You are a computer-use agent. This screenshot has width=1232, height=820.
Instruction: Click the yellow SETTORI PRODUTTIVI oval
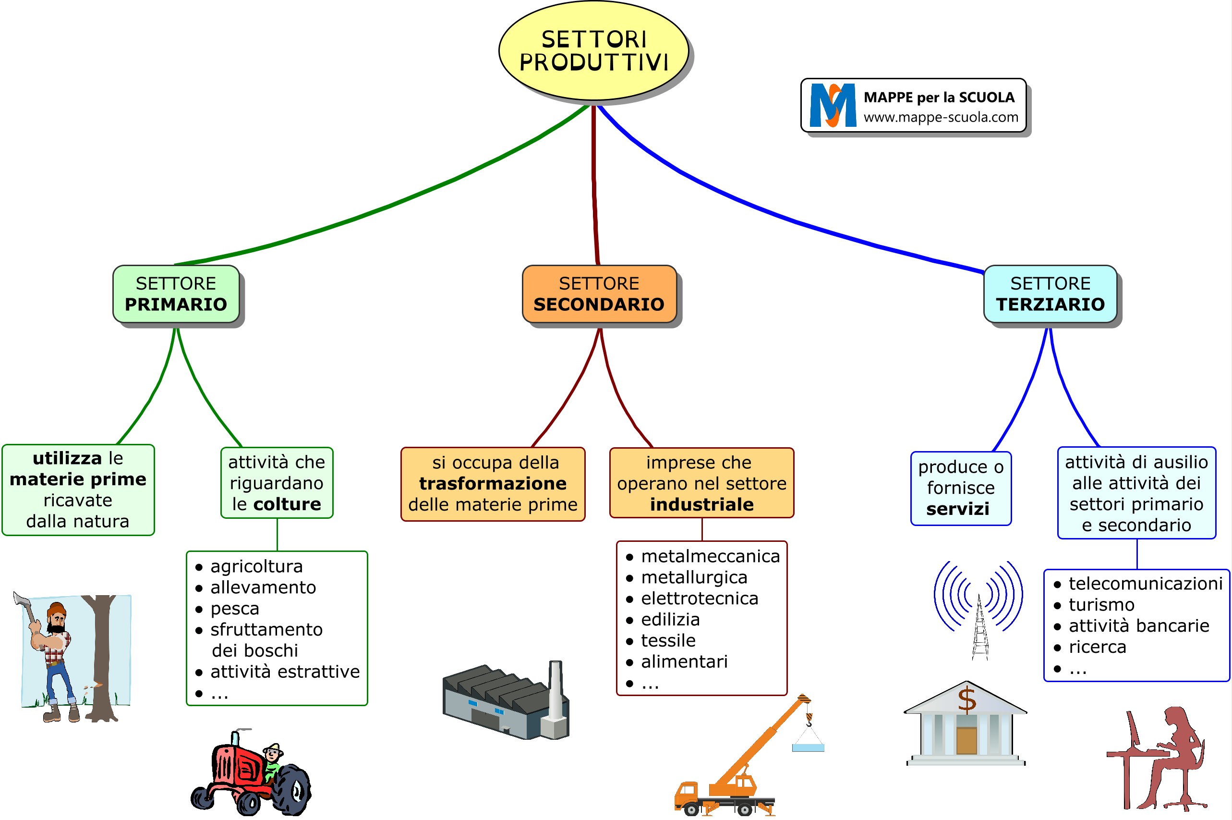[x=593, y=51]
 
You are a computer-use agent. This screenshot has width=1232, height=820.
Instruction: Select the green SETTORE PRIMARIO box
[x=176, y=294]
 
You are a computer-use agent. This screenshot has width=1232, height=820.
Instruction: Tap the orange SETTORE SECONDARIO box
[x=599, y=294]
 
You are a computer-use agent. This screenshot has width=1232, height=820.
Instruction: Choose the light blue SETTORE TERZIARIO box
[x=1050, y=294]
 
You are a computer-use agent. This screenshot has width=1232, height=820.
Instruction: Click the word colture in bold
[x=287, y=504]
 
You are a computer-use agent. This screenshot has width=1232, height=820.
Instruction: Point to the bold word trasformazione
[x=493, y=484]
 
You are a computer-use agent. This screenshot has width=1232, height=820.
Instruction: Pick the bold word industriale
[x=701, y=505]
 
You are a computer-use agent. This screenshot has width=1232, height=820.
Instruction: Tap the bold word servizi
[x=957, y=509]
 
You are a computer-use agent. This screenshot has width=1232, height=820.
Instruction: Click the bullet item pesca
[x=235, y=609]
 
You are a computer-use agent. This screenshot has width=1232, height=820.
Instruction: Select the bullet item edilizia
[x=670, y=620]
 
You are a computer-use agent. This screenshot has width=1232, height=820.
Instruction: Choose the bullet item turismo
[x=1101, y=605]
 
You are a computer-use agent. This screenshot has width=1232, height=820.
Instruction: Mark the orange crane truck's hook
[x=809, y=720]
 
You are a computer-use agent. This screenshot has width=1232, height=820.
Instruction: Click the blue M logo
[x=832, y=106]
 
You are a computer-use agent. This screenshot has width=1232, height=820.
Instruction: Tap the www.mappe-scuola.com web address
[x=941, y=117]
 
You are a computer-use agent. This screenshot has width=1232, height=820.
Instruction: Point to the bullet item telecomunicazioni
[x=1145, y=584]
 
